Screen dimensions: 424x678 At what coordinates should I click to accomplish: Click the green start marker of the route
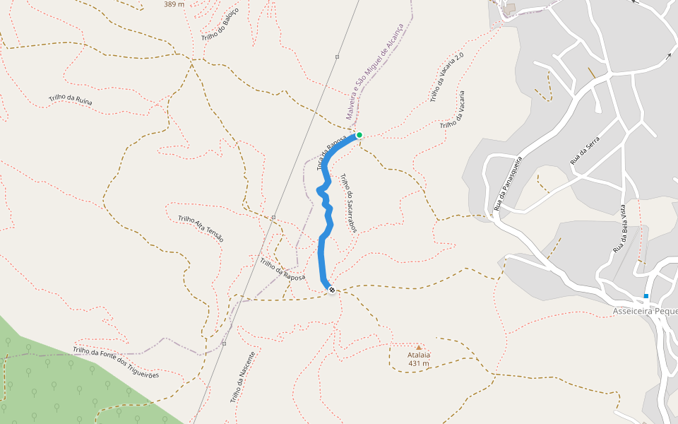pos(359,135)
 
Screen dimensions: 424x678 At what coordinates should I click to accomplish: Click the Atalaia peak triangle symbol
pos(419,347)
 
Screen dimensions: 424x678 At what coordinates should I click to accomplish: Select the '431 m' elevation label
pos(419,363)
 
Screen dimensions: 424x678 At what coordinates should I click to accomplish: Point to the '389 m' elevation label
pos(173,4)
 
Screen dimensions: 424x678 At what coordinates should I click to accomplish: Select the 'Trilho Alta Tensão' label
pos(201,229)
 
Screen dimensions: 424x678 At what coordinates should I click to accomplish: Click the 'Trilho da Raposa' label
pos(282,269)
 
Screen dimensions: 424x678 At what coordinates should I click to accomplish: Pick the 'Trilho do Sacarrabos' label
pos(349,204)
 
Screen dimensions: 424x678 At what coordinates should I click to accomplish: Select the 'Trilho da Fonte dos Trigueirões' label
pos(116,363)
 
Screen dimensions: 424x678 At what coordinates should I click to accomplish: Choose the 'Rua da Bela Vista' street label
pos(619,228)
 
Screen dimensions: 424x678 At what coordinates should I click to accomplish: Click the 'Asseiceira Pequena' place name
pos(645,311)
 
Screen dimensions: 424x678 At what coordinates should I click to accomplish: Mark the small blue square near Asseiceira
pos(646,296)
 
